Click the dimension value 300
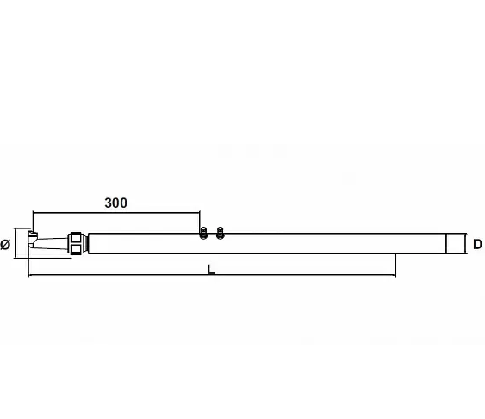click(115, 203)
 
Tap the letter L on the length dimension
click(211, 269)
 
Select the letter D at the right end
click(477, 245)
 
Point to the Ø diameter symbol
click(5, 245)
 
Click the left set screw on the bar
click(203, 233)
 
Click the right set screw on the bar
click(220, 233)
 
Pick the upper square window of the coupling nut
click(76, 238)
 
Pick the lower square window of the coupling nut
click(76, 248)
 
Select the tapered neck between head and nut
click(52, 243)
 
